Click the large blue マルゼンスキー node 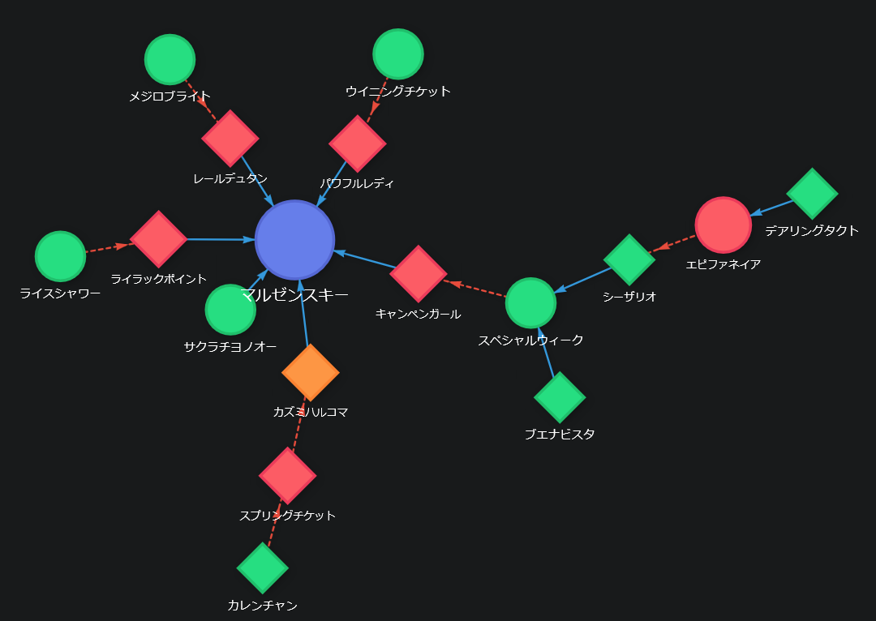(x=294, y=239)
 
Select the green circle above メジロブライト (x=170, y=59)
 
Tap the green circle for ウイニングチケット (x=398, y=54)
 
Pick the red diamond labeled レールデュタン (x=230, y=138)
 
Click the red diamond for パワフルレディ (x=358, y=143)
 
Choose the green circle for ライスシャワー (x=61, y=256)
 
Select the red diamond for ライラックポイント (x=159, y=238)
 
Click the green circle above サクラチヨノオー (x=230, y=309)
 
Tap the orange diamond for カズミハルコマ (x=310, y=372)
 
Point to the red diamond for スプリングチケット (x=287, y=476)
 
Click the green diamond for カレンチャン (x=263, y=567)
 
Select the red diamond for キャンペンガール (x=419, y=273)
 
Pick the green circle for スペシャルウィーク (x=530, y=303)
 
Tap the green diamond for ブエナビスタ (x=560, y=397)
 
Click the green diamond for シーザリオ (x=629, y=259)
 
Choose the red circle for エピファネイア (x=724, y=225)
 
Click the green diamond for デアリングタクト (x=812, y=193)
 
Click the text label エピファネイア (x=724, y=264)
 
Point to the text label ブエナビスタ (x=560, y=435)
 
